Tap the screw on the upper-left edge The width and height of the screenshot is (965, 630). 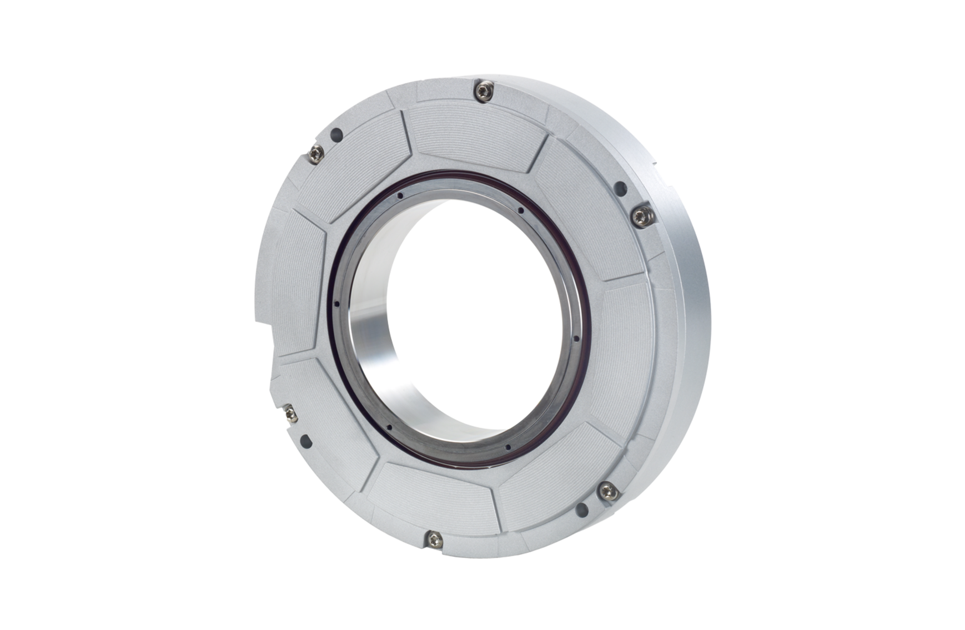pos(318,152)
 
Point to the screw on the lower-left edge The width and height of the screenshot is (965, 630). pos(289,412)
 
